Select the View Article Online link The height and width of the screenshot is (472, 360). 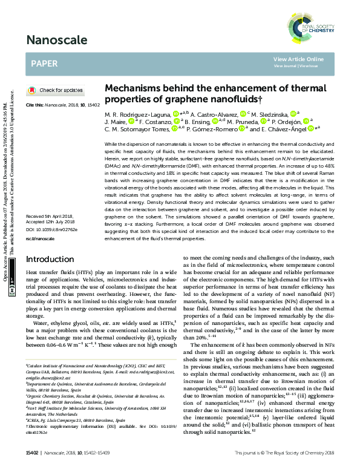298,59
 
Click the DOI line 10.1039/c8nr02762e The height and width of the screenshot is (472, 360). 52,230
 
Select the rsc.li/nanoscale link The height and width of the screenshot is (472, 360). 40,239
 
